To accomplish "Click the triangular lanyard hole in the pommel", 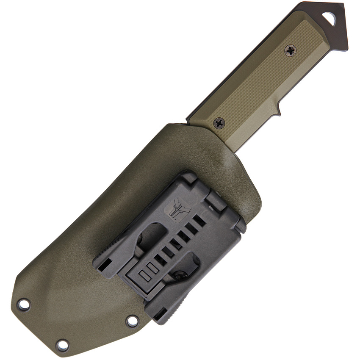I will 329,18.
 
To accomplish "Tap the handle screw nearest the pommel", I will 290,50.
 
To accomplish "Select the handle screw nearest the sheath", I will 219,123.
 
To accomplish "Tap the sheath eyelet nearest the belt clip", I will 132,321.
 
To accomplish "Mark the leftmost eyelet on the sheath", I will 23,304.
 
